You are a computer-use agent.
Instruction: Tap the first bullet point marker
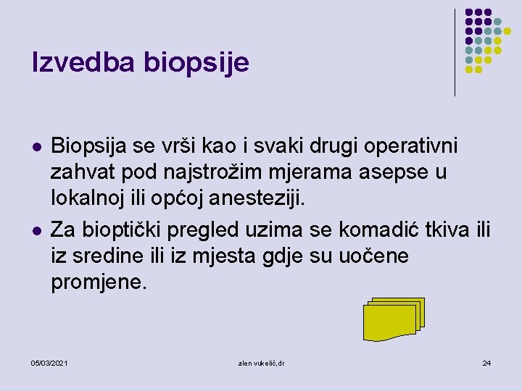coord(36,147)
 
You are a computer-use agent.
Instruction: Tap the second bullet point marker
coord(36,231)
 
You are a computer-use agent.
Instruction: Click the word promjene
coord(99,282)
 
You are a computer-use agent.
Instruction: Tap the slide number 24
coord(486,362)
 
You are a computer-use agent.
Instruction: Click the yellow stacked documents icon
coord(391,319)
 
